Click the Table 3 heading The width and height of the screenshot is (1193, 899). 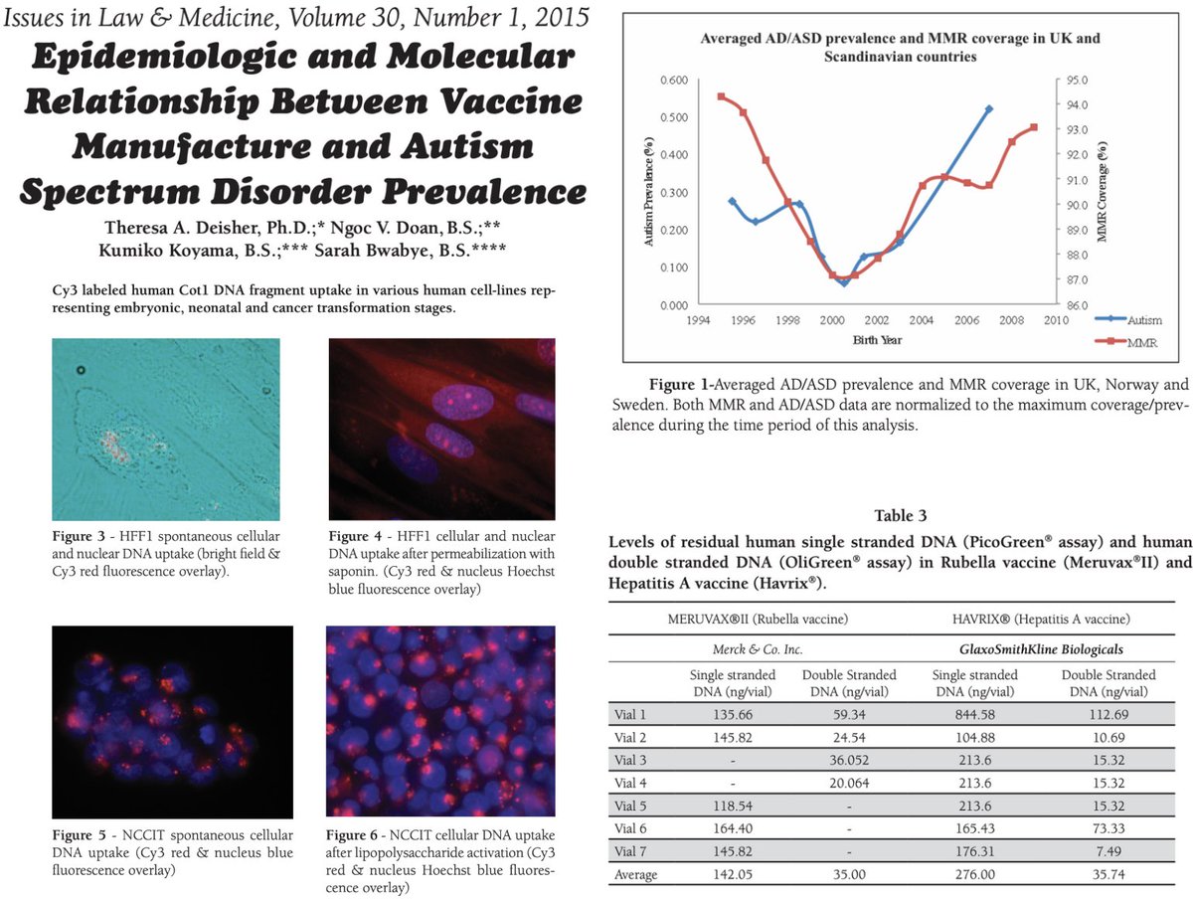(901, 515)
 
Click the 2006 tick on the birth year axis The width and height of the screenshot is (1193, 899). (964, 321)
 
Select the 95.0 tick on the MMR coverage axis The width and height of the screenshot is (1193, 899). (1080, 80)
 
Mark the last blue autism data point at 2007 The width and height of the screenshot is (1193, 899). (988, 108)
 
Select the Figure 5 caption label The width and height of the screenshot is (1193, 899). (81, 834)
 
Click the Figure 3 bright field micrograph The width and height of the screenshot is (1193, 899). (165, 429)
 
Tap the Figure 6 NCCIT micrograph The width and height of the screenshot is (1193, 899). (440, 721)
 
